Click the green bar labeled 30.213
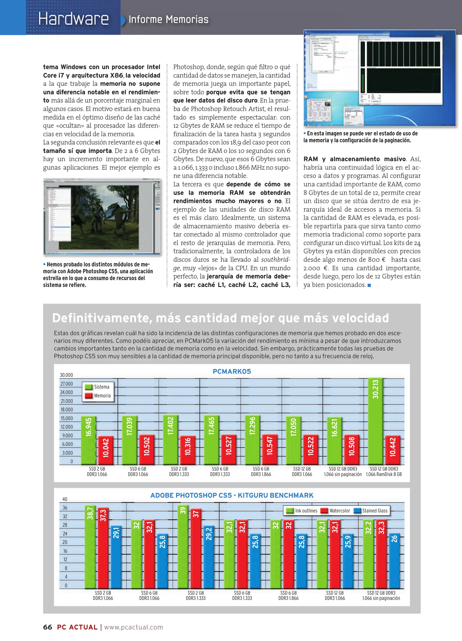pos(375,421)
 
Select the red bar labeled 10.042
pos(106,450)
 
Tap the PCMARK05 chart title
pos(232,372)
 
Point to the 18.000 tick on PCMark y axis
pos(67,410)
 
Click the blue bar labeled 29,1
pos(116,557)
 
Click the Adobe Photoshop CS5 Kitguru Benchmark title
pos(232,495)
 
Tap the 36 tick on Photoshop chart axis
pos(65,508)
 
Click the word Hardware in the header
pos(73,19)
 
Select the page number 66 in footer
pos(48,627)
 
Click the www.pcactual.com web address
pos(134,627)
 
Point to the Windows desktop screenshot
pos(379,78)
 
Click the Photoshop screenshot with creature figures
pos(102,217)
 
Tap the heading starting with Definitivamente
pos(220,318)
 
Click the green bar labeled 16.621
pos(334,441)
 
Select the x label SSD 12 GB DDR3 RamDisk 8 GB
pos(384,472)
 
